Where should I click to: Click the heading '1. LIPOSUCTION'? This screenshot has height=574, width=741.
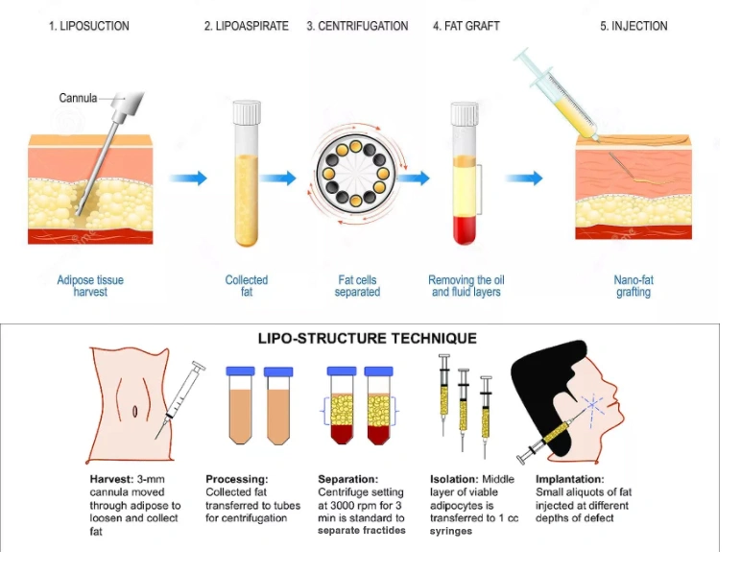(89, 26)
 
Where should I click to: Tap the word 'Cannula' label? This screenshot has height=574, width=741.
(78, 98)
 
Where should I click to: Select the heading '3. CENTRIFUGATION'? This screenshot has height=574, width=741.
(357, 26)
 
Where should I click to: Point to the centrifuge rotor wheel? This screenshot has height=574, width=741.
(356, 174)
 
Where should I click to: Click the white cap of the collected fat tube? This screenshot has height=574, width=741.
(247, 112)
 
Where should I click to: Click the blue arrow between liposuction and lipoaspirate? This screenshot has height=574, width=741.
(188, 179)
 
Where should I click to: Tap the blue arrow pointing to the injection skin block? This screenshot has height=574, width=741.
(524, 179)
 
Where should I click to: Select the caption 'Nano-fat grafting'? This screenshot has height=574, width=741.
(633, 286)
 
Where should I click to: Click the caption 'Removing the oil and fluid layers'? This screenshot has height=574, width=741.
(466, 286)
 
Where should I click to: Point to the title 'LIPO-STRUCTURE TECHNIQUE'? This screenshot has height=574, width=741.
(368, 338)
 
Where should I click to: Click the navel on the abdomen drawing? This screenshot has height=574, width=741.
(134, 411)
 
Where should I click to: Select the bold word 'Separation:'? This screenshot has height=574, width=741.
(347, 479)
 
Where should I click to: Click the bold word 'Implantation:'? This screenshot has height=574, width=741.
(570, 479)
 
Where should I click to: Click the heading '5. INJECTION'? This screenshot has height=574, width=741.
(633, 26)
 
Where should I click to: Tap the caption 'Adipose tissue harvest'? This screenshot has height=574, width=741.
(90, 286)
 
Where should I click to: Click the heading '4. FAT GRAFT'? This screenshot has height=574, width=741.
(466, 26)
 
